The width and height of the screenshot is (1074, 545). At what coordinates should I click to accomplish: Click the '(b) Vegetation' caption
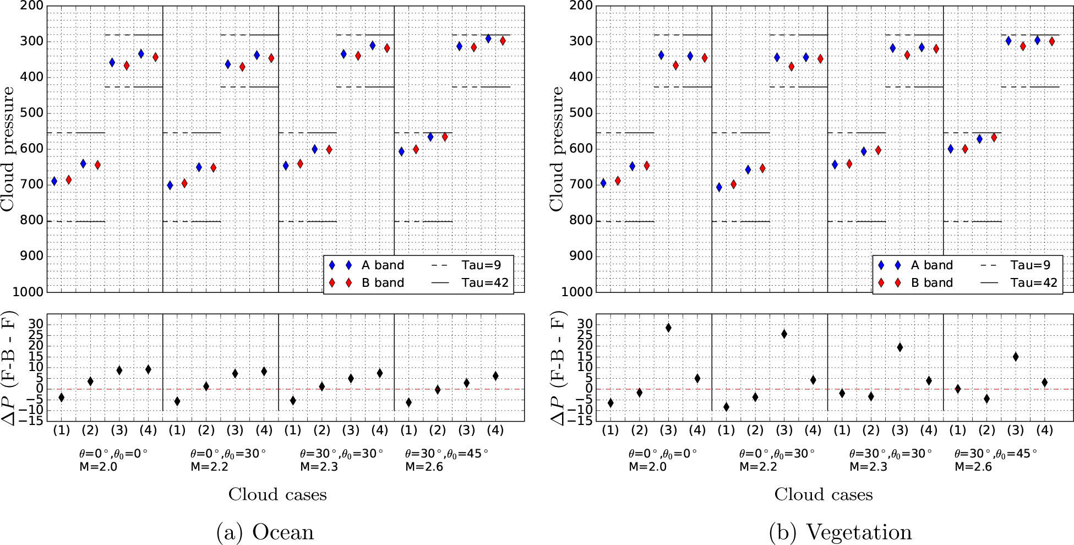[841, 532]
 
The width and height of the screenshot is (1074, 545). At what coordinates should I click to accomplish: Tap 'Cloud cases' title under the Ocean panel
[277, 494]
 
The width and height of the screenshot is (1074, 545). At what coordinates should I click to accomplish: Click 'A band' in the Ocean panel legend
[383, 265]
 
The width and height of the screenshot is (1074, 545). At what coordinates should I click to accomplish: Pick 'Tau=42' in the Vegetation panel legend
[1034, 283]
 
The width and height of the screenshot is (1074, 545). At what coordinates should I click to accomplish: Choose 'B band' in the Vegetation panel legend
[931, 283]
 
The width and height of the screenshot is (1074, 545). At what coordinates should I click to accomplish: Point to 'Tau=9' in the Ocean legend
[481, 265]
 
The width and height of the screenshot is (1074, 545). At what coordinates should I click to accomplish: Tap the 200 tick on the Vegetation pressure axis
[581, 6]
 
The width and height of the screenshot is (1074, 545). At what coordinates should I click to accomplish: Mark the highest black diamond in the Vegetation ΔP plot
[668, 328]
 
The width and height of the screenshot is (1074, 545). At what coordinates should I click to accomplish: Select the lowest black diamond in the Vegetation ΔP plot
[726, 407]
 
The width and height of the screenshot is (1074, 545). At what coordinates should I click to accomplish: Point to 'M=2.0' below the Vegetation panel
[647, 467]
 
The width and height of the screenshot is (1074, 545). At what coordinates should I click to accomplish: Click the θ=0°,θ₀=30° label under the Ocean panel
[228, 454]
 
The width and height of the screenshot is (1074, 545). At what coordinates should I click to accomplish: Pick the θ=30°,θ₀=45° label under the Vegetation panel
[995, 454]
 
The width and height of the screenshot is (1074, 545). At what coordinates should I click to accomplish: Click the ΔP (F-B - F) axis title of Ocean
[9, 368]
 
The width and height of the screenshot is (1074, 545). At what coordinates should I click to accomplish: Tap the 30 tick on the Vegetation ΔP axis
[585, 324]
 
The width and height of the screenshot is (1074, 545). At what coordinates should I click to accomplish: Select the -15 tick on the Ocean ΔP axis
[32, 421]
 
